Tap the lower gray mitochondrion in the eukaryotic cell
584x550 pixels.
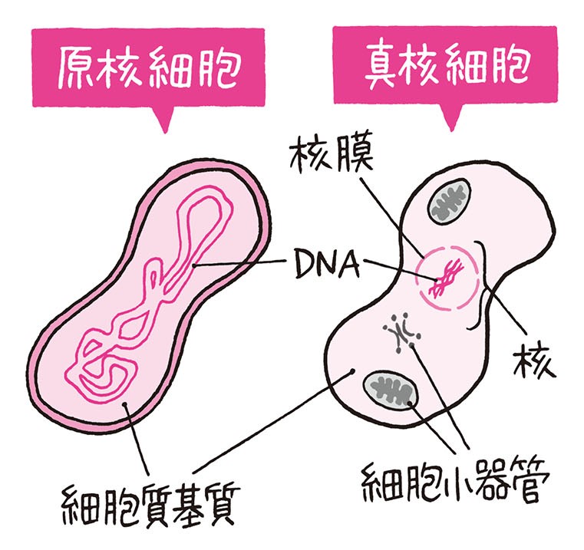[391, 392]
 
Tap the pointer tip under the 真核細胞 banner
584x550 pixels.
[450, 124]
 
